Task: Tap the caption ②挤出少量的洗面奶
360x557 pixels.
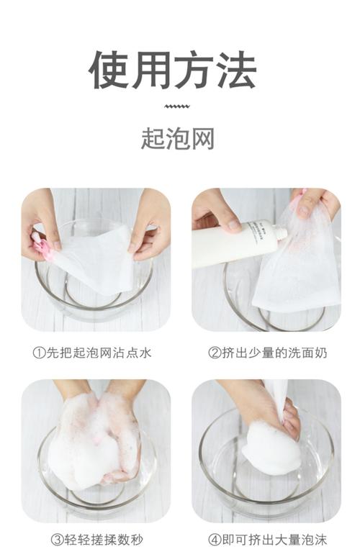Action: (x=266, y=353)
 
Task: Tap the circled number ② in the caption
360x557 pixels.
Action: (x=213, y=353)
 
